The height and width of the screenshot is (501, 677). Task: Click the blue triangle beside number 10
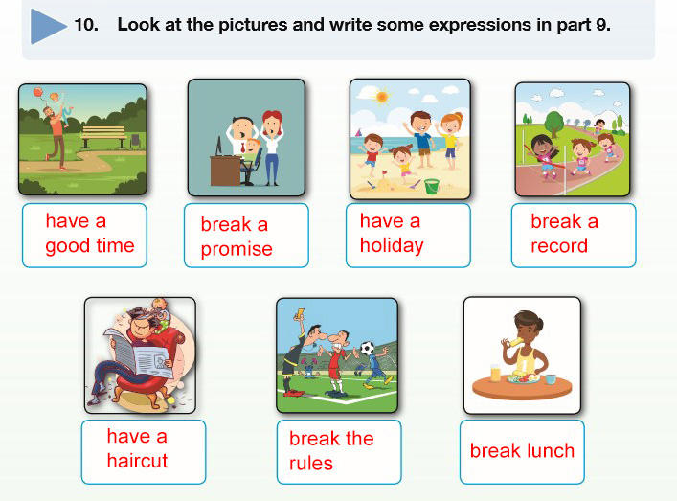tap(47, 27)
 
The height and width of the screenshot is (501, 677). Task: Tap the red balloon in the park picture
tap(37, 92)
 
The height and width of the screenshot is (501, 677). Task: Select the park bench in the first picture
tap(103, 136)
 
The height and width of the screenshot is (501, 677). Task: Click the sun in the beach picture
tap(382, 97)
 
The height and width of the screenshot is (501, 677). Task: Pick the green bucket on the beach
tap(432, 186)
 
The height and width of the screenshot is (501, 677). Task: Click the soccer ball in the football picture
tap(368, 348)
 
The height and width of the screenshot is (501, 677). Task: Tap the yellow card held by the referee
tap(299, 312)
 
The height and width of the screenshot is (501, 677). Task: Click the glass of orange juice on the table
tap(495, 373)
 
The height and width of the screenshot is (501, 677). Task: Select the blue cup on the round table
tap(551, 378)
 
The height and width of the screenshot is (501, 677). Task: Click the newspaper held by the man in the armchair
tap(139, 353)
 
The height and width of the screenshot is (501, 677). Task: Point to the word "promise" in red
tap(237, 250)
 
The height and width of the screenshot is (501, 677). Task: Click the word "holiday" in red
tap(392, 246)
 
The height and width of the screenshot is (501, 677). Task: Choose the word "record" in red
tap(559, 246)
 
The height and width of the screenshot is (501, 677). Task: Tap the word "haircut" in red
tap(137, 461)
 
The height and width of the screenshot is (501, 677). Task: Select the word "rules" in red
tap(311, 463)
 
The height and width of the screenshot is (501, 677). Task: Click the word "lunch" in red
tap(550, 451)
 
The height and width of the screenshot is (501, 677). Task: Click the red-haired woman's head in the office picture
tap(273, 123)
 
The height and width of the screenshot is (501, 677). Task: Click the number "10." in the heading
tap(86, 25)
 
